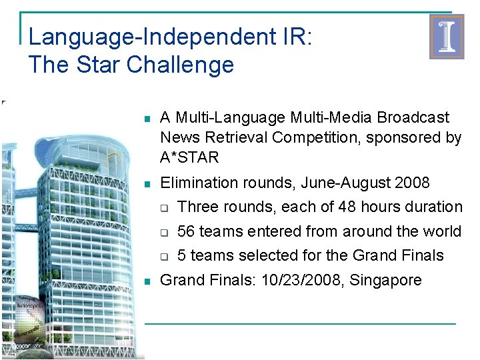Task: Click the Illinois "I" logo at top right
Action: [x=446, y=37]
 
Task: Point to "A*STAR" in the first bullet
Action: [x=189, y=158]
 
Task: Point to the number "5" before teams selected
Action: [x=183, y=255]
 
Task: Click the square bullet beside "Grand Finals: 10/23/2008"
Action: [x=147, y=281]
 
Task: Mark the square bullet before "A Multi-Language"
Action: [x=147, y=119]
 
